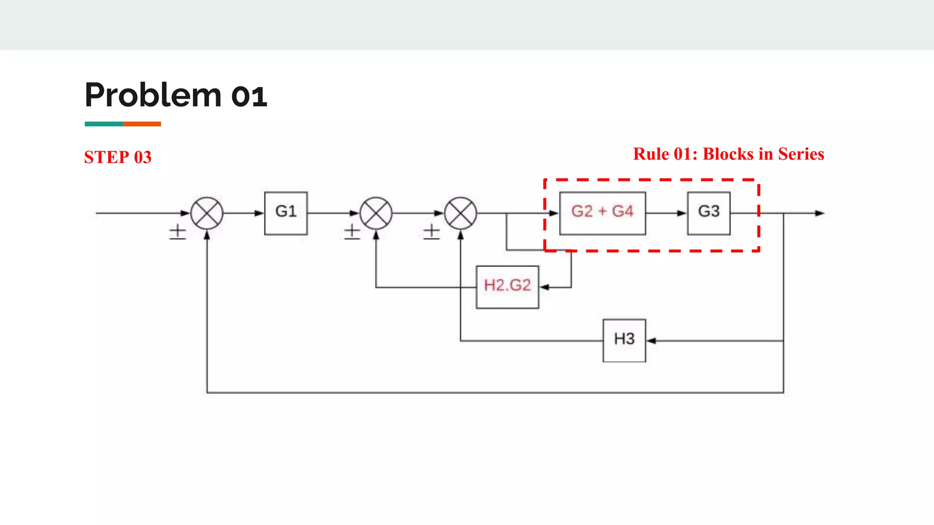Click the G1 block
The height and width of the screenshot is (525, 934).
click(x=286, y=213)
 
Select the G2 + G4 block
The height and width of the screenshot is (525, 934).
click(x=602, y=213)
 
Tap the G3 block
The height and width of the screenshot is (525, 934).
click(x=709, y=213)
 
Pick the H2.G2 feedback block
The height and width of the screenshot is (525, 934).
click(x=507, y=287)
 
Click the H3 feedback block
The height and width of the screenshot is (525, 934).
click(x=624, y=340)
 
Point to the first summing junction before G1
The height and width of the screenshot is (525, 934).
click(x=207, y=213)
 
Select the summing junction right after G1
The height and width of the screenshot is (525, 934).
click(x=376, y=213)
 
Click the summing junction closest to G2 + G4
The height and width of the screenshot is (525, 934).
click(x=461, y=213)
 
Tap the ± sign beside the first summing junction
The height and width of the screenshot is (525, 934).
click(x=177, y=232)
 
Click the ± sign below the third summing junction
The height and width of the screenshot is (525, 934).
click(x=431, y=232)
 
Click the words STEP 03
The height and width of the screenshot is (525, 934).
click(x=118, y=157)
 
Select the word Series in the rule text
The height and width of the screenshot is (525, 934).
click(x=801, y=154)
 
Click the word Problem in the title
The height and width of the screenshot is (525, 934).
click(x=153, y=95)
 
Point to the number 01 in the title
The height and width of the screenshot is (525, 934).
click(x=249, y=97)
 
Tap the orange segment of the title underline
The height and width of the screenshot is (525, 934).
click(x=142, y=124)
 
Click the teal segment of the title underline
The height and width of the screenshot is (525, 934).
click(x=104, y=124)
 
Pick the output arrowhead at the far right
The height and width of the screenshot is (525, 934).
click(x=820, y=213)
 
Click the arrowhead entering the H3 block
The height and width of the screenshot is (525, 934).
click(x=651, y=340)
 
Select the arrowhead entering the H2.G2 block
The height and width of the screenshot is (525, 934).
click(x=545, y=287)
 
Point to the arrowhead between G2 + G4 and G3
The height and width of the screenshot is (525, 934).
click(x=682, y=213)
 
